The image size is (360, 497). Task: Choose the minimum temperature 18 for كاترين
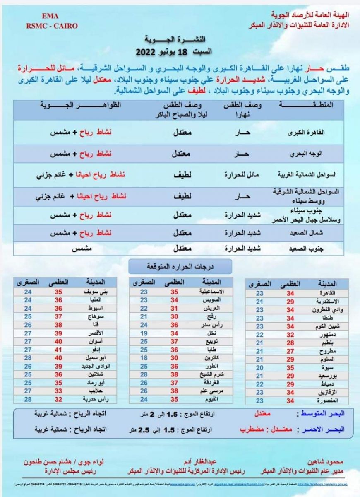[x=144, y=357]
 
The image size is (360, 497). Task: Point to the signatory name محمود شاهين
[x=323, y=461]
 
